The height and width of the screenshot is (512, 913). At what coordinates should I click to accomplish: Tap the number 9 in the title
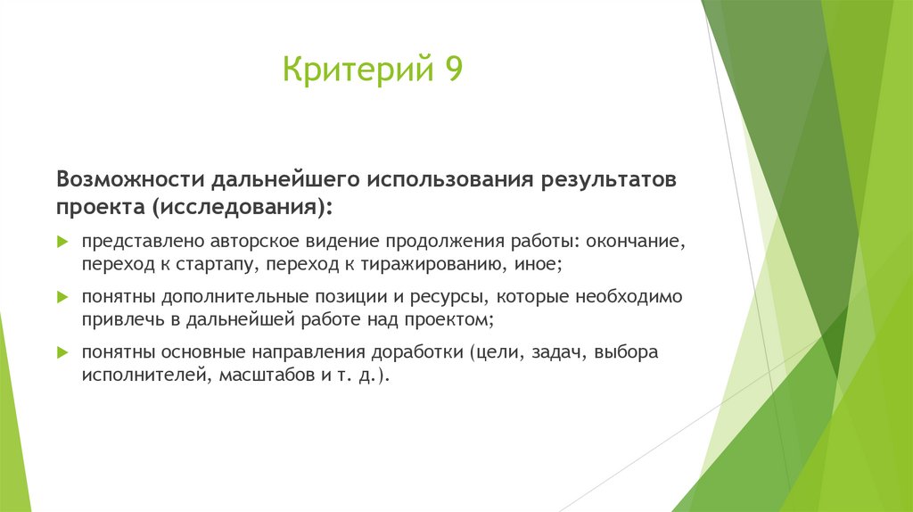pyautogui.click(x=450, y=70)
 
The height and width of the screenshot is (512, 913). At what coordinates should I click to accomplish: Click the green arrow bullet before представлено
pyautogui.click(x=62, y=242)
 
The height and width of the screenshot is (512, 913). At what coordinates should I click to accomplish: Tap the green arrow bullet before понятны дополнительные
pyautogui.click(x=62, y=296)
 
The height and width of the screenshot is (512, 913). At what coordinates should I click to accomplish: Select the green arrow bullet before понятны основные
pyautogui.click(x=62, y=352)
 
